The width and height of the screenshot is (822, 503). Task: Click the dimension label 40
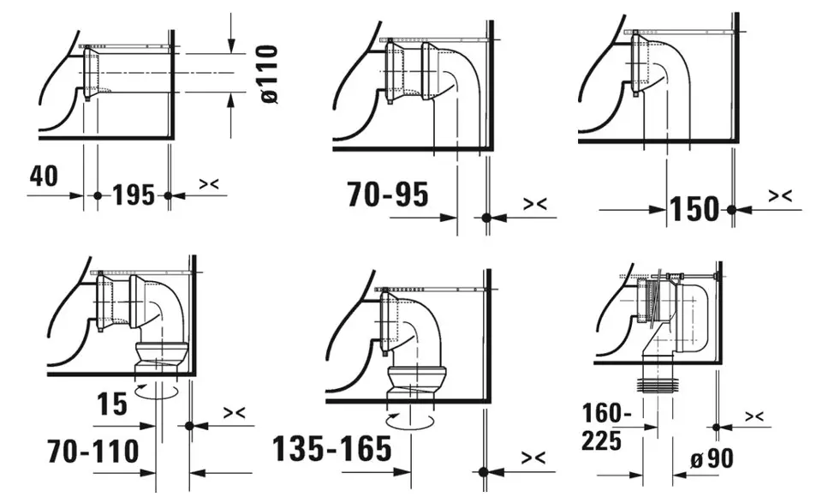(44, 176)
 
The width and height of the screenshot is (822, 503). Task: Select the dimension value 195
(134, 195)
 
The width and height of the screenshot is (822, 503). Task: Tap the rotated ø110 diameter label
(269, 74)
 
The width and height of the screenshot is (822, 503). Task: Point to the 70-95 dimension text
(387, 194)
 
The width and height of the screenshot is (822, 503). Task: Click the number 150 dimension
(695, 209)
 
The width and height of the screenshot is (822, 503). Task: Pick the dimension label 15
(111, 404)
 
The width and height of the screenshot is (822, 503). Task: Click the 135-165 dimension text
(332, 449)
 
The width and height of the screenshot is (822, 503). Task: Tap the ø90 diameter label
(712, 459)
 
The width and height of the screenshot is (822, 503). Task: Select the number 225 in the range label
(601, 440)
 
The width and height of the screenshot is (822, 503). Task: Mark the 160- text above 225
(606, 413)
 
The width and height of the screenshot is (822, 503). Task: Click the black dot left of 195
(98, 195)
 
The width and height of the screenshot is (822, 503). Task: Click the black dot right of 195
(168, 195)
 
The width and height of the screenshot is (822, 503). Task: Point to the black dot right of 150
(732, 210)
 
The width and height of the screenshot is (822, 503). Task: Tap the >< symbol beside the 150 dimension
(780, 195)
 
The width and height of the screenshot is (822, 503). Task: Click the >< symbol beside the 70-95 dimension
(535, 203)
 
